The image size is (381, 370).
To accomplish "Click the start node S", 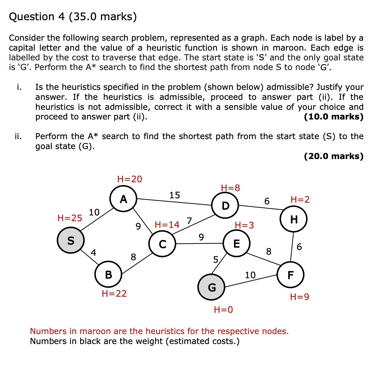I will (71, 240).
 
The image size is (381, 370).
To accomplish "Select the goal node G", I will (212, 287).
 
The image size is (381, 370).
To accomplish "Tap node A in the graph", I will (123, 199).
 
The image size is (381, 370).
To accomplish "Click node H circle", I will (293, 219).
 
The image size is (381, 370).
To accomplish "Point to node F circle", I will (290, 275).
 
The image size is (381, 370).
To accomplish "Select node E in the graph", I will (236, 243).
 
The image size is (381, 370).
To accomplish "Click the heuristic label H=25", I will (70, 218).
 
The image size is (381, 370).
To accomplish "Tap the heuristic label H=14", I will (167, 225).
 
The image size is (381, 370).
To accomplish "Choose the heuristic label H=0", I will (223, 309).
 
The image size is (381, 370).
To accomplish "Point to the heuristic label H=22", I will (114, 293).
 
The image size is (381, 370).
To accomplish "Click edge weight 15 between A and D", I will (174, 195).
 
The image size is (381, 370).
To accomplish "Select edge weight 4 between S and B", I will (93, 252).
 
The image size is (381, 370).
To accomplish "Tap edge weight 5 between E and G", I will (216, 259).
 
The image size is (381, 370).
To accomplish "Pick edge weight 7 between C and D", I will (189, 221).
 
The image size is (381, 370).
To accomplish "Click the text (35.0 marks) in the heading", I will (103, 17).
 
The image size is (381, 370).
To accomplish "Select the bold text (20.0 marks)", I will (333, 156).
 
